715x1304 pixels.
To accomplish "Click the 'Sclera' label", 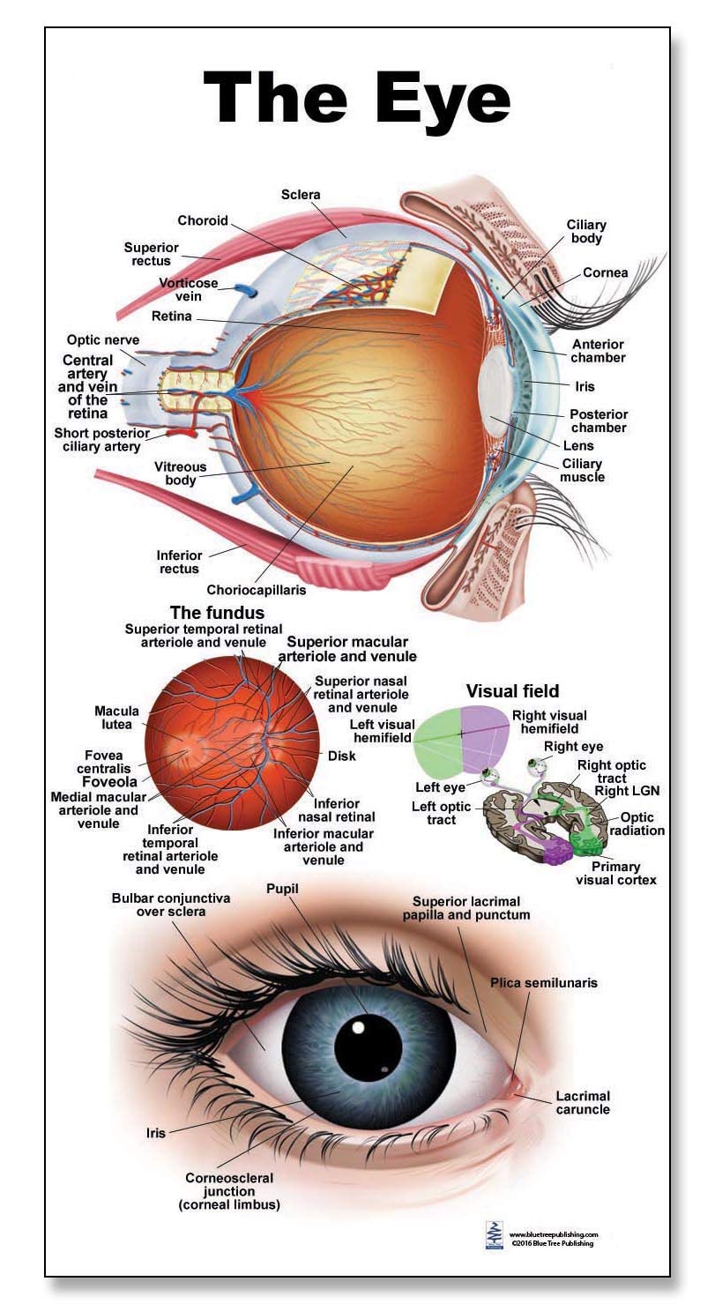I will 301,194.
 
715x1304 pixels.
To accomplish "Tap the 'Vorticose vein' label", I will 188,289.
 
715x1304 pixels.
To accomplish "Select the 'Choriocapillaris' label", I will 257,590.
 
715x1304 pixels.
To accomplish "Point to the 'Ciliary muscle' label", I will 582,470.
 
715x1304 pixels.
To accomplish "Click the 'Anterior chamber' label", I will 598,351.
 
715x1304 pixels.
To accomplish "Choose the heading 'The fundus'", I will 217,612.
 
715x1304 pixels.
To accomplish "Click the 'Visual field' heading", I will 512,690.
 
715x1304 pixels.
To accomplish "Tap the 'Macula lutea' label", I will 114,718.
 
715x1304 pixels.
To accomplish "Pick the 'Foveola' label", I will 109,781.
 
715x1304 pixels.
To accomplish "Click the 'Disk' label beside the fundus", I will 342,756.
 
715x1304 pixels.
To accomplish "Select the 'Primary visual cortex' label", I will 616,873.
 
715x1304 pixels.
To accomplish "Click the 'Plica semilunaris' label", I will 545,982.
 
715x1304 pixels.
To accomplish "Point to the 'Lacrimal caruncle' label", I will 582,1102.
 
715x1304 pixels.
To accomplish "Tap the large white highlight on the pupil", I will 358,1027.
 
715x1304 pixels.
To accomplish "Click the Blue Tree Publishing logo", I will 494,1235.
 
